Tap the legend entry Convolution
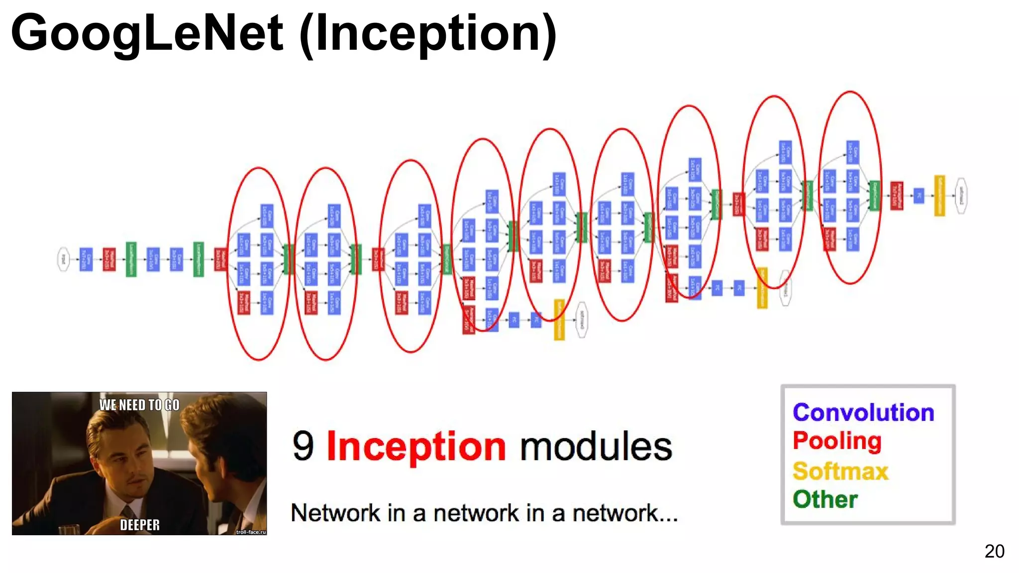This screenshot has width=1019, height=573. [863, 413]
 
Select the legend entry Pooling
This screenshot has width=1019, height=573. [837, 441]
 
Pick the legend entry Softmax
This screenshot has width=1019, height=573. [840, 471]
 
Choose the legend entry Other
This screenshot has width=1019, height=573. [825, 499]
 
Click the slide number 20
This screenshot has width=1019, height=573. [994, 551]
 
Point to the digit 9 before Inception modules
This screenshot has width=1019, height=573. [303, 446]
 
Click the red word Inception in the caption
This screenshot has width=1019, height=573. [416, 446]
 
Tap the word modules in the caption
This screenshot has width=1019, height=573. [596, 446]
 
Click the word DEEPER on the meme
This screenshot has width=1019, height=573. [140, 525]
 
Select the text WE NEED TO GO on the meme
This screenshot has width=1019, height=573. [139, 405]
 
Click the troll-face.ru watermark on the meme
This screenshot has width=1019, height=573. [251, 532]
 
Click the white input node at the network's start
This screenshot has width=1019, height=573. [63, 259]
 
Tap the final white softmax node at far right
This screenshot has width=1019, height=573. [961, 196]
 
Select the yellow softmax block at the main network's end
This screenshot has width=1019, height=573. [939, 196]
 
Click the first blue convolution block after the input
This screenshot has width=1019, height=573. [86, 259]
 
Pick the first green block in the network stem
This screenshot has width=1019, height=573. [131, 259]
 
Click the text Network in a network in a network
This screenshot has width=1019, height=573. [484, 513]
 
